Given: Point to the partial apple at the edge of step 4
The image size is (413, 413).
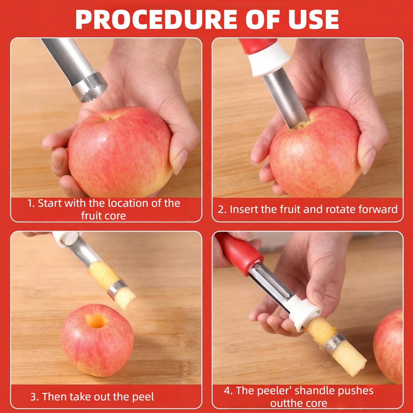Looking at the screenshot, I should pyautogui.click(x=390, y=343).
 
